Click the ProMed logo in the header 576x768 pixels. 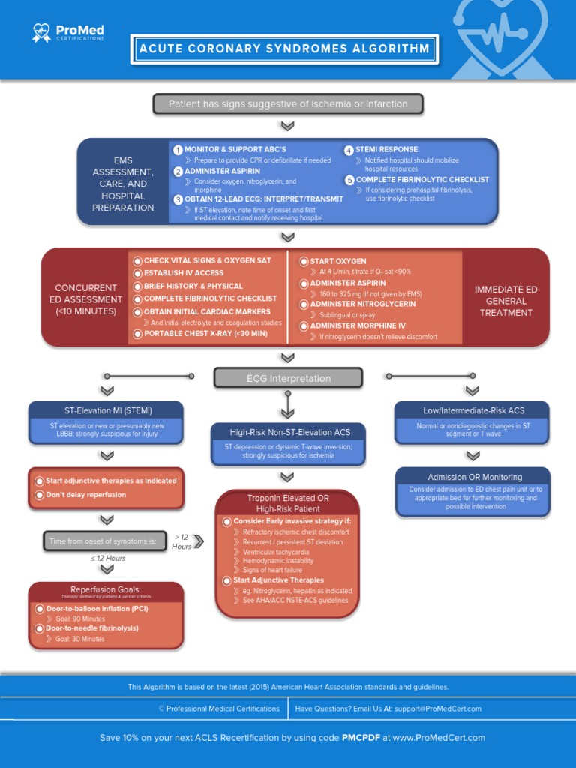click(x=67, y=32)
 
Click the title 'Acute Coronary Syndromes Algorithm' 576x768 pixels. click(x=284, y=49)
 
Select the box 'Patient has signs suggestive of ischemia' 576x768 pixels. click(x=288, y=103)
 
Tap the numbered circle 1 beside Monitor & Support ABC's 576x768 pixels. click(x=178, y=150)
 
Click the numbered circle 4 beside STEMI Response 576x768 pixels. click(x=349, y=150)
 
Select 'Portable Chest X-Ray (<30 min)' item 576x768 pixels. click(x=205, y=334)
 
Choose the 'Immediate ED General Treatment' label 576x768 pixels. click(x=505, y=301)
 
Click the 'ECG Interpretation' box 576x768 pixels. click(x=288, y=378)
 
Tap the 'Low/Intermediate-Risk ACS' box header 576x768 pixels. click(x=472, y=410)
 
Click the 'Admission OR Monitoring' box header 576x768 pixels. click(x=474, y=477)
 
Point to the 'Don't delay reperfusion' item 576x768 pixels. click(x=85, y=495)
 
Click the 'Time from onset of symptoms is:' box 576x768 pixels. click(x=105, y=541)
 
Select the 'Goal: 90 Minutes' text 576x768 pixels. click(x=80, y=619)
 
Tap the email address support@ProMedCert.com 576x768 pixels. click(x=427, y=709)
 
